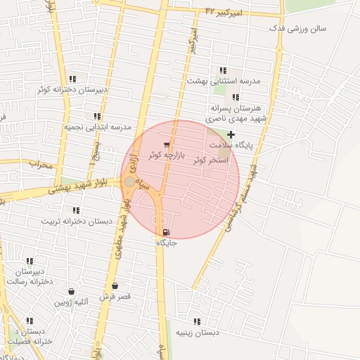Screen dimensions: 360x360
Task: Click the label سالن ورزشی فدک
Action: (301, 29)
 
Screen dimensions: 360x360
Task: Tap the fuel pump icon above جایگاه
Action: (165, 233)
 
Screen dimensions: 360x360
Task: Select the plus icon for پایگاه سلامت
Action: (231, 134)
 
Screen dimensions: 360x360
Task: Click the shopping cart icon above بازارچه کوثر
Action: (166, 144)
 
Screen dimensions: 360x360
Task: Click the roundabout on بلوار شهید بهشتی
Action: (129, 182)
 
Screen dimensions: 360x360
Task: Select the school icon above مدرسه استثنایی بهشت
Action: (223, 70)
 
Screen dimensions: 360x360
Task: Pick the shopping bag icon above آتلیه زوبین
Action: (71, 291)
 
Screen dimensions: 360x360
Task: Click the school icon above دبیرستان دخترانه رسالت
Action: (30, 261)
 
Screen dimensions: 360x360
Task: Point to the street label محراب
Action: (41, 165)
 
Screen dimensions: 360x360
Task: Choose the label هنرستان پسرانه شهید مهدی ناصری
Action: (235, 114)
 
